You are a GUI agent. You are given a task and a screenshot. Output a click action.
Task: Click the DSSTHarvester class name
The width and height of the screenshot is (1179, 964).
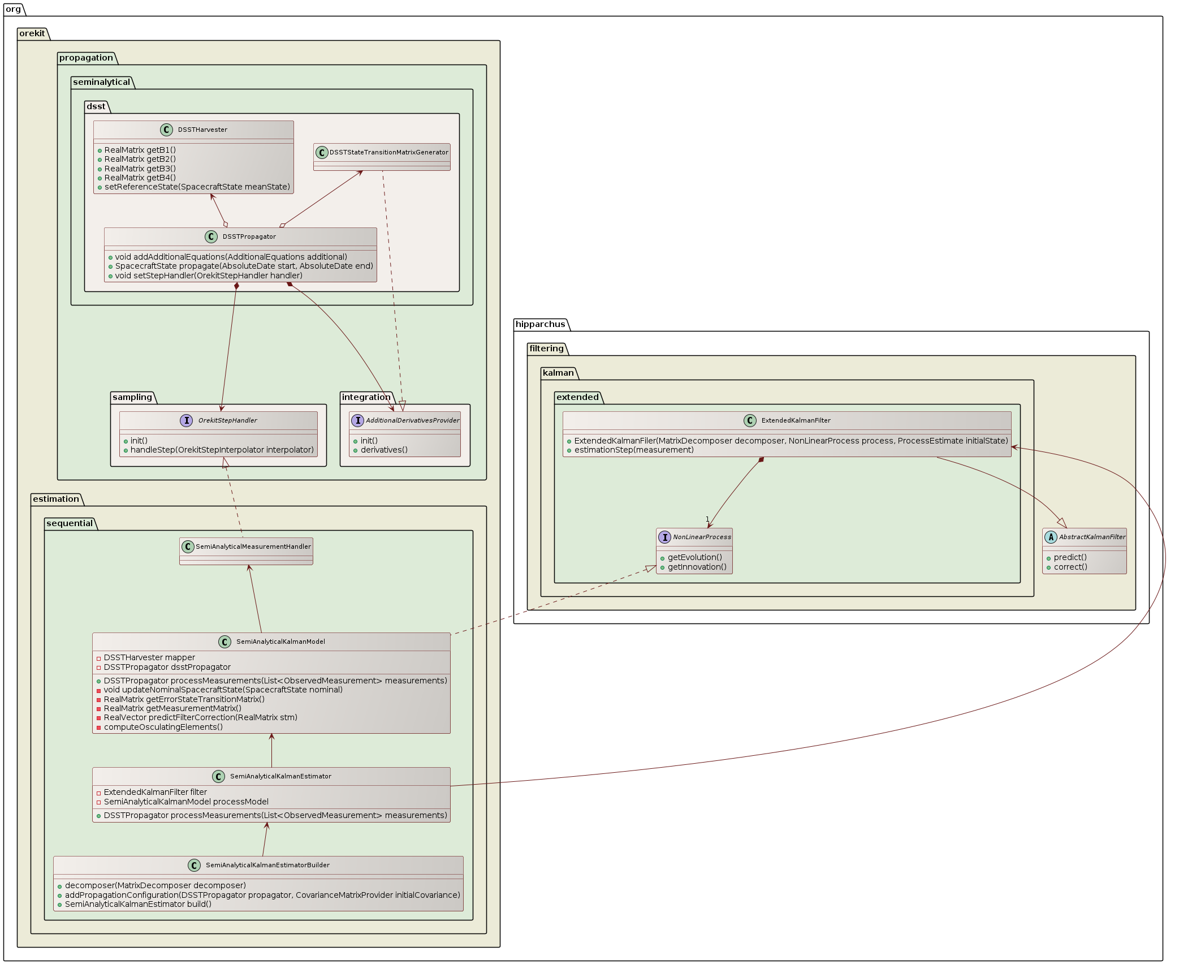click(x=202, y=130)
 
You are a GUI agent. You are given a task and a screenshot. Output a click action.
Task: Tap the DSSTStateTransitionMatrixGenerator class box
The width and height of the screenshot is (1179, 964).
click(x=382, y=157)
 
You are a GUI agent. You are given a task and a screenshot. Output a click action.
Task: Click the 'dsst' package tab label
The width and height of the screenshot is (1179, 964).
click(x=96, y=106)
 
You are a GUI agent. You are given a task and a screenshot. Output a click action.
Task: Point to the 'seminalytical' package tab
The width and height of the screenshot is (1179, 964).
click(x=101, y=82)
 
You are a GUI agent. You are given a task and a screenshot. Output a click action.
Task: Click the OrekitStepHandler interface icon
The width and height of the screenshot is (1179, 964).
click(x=186, y=420)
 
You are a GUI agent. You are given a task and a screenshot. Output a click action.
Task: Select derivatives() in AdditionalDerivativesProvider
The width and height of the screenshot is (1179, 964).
click(x=383, y=450)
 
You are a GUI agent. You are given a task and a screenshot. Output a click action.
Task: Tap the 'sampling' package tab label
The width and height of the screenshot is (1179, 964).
click(x=132, y=397)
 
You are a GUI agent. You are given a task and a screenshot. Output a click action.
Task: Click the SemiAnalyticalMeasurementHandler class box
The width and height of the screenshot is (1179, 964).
click(x=246, y=551)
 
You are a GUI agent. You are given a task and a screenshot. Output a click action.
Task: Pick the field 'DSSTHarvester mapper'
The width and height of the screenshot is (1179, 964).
click(x=149, y=657)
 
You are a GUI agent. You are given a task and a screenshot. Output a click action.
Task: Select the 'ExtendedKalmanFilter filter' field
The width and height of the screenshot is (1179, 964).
click(x=155, y=792)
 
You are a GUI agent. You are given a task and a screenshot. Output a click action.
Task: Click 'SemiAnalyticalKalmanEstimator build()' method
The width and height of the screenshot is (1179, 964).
click(x=138, y=904)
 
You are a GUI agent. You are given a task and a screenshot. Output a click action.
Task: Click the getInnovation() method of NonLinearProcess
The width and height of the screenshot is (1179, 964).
click(x=697, y=567)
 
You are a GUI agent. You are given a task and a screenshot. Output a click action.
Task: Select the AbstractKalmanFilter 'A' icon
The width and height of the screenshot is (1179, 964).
click(x=1051, y=537)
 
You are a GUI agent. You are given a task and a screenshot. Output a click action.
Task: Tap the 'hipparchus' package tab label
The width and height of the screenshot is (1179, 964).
click(x=540, y=324)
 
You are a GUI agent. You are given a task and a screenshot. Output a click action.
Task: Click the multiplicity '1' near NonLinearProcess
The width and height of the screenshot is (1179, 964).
click(x=707, y=519)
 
